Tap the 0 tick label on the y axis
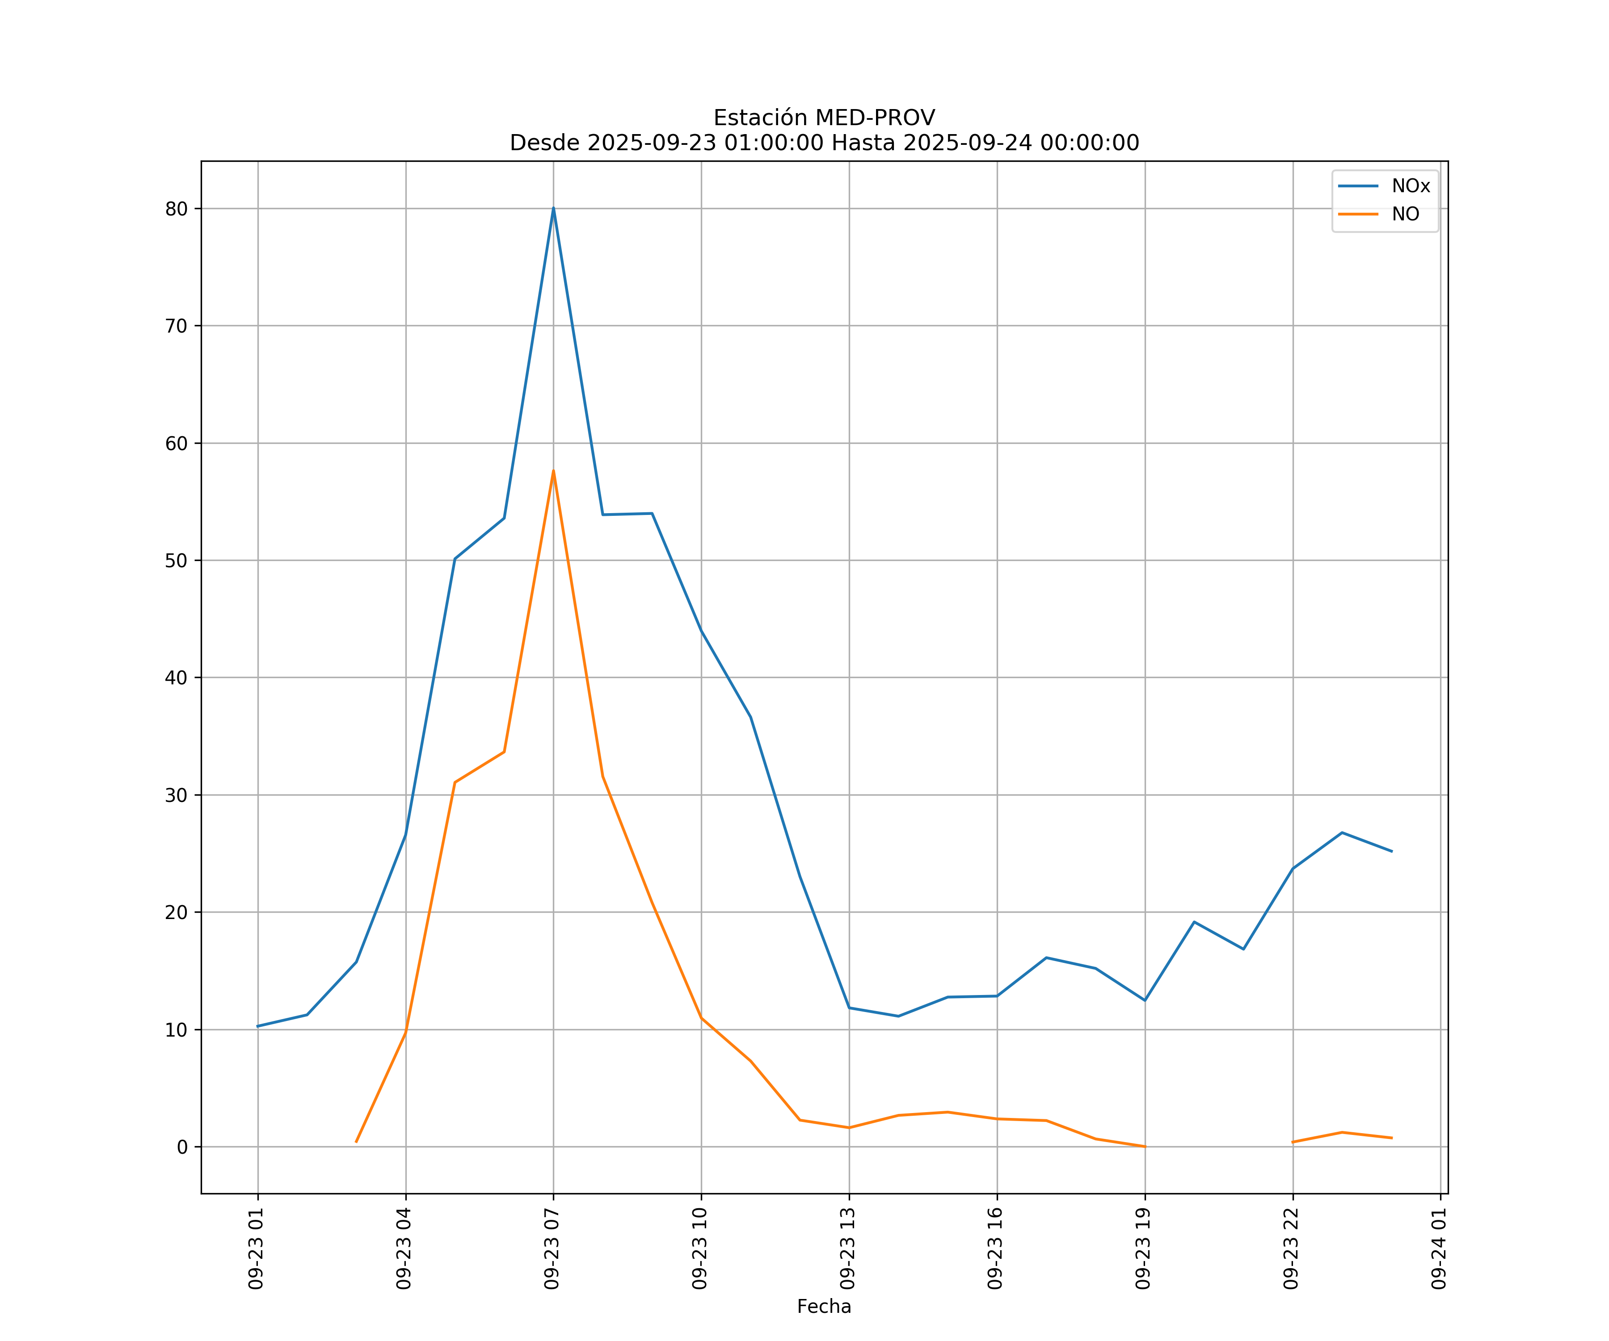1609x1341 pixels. click(182, 1147)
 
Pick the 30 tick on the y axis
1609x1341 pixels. click(176, 795)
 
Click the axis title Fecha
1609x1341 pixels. click(824, 1307)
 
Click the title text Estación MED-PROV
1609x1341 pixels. click(824, 118)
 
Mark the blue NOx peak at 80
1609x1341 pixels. click(553, 208)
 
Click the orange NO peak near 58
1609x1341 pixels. click(553, 471)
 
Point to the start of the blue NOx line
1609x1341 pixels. click(258, 1026)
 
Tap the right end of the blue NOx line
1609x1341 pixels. click(1391, 852)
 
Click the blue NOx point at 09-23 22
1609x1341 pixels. click(1293, 869)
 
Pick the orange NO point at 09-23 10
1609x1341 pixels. click(701, 1018)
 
